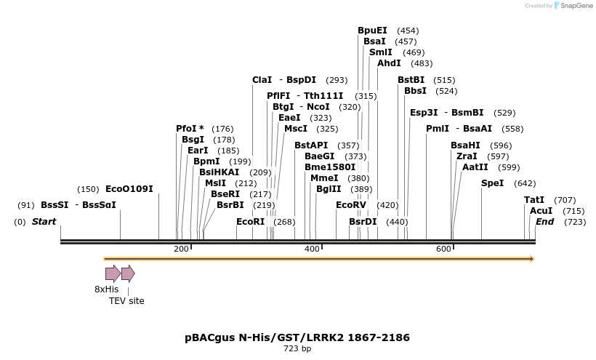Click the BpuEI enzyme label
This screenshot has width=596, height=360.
click(x=372, y=31)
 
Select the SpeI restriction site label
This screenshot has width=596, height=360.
click(x=492, y=183)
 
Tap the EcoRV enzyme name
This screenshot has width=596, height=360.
click(x=351, y=205)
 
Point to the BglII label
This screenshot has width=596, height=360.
click(x=329, y=189)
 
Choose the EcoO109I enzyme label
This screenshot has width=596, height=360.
click(x=129, y=189)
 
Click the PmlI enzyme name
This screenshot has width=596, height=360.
click(x=437, y=129)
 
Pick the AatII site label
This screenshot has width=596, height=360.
click(x=475, y=167)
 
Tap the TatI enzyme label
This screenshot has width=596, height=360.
click(x=534, y=200)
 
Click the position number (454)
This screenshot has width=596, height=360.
click(x=408, y=31)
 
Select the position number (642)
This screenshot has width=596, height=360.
click(x=525, y=183)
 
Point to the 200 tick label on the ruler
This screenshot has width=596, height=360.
click(x=181, y=249)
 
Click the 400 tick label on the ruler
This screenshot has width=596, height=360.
click(x=312, y=249)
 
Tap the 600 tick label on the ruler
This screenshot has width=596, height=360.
click(x=443, y=249)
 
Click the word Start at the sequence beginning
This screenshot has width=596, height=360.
click(x=44, y=221)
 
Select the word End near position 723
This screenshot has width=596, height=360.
click(x=544, y=221)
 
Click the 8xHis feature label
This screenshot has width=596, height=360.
click(x=106, y=289)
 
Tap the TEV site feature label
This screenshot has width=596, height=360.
click(x=126, y=300)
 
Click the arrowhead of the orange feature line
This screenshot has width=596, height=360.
click(x=532, y=259)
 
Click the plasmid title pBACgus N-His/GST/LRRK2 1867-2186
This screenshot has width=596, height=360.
click(x=297, y=337)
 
